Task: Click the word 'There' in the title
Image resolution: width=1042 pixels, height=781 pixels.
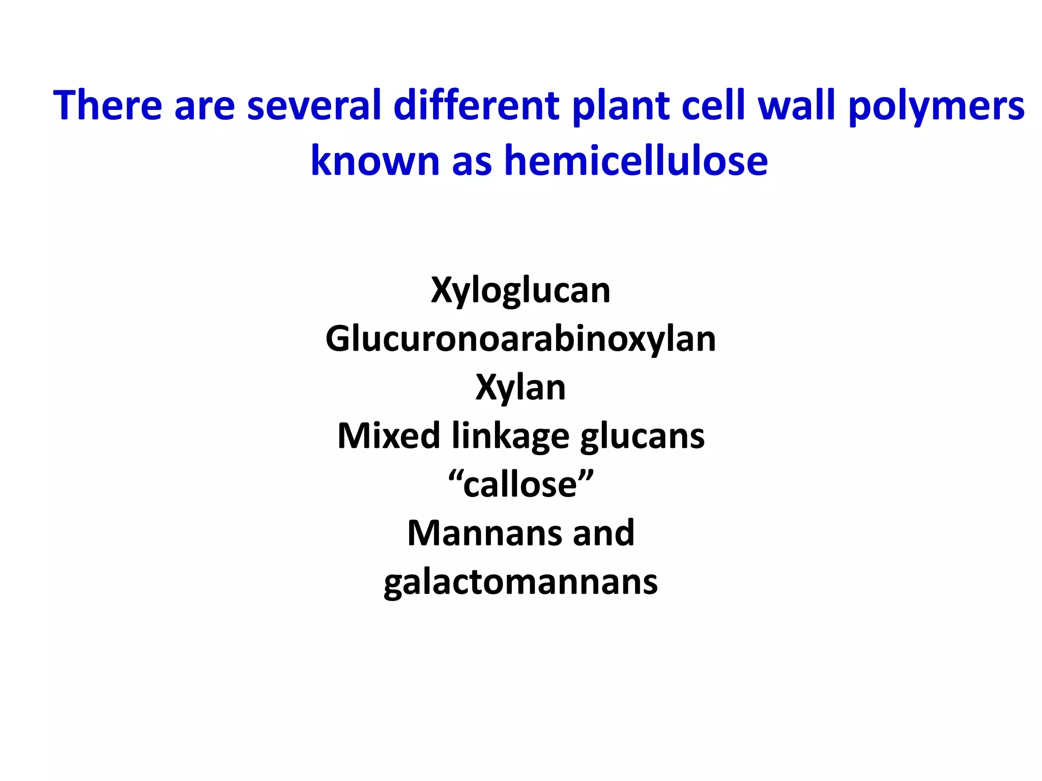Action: coord(107,106)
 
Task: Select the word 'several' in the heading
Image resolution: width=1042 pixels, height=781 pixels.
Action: coord(314,106)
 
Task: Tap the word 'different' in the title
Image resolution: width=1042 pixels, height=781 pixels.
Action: coord(477,106)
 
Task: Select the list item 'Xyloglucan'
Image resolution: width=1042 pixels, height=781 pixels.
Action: coord(520,291)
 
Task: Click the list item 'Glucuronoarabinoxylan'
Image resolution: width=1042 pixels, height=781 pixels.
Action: coord(520,339)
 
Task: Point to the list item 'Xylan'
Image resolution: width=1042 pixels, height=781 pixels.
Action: coord(520,388)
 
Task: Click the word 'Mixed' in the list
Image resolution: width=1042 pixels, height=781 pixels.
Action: coord(389,436)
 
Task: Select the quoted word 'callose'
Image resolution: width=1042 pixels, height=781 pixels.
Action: coord(520,485)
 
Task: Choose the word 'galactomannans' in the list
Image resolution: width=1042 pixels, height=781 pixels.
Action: coord(520,583)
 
